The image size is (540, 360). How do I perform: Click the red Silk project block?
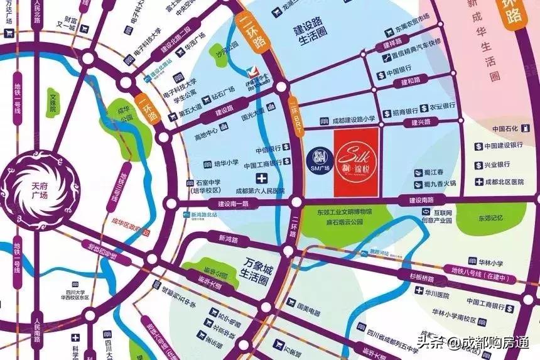click(355, 163)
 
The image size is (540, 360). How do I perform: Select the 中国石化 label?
click(504, 129)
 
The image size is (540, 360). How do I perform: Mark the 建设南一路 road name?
click(234, 203)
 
